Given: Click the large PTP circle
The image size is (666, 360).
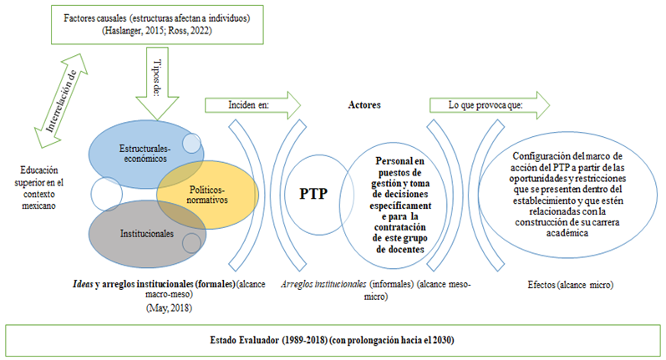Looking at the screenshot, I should [313, 194].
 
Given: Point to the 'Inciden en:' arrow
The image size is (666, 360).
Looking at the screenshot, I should [251, 106].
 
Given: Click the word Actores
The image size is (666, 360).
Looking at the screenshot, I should [364, 106].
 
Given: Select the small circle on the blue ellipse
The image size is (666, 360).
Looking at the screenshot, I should [191, 143].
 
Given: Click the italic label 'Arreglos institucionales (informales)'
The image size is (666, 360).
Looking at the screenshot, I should [374, 285].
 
